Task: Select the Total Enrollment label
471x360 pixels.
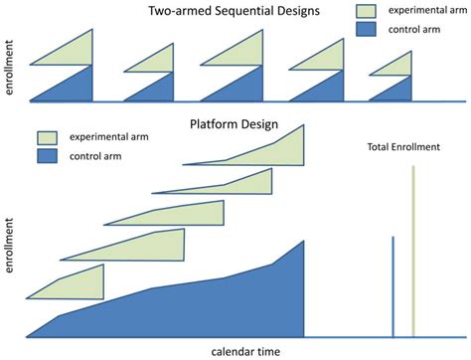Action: click(x=402, y=148)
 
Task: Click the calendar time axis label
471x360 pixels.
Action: click(x=244, y=351)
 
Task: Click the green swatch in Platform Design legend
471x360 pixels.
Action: click(x=50, y=138)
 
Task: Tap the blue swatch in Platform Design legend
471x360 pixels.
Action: click(x=50, y=156)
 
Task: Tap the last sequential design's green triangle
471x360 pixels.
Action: click(x=397, y=65)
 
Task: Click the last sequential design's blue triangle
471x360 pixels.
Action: click(x=397, y=90)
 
